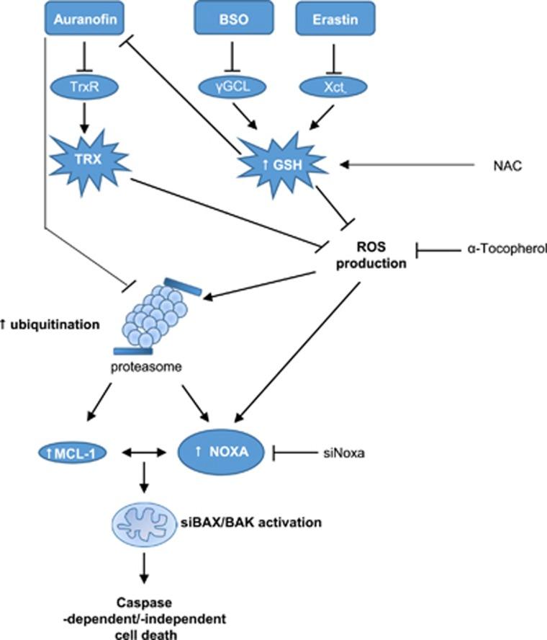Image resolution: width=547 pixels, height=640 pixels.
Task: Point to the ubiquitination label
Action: pos(50,325)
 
